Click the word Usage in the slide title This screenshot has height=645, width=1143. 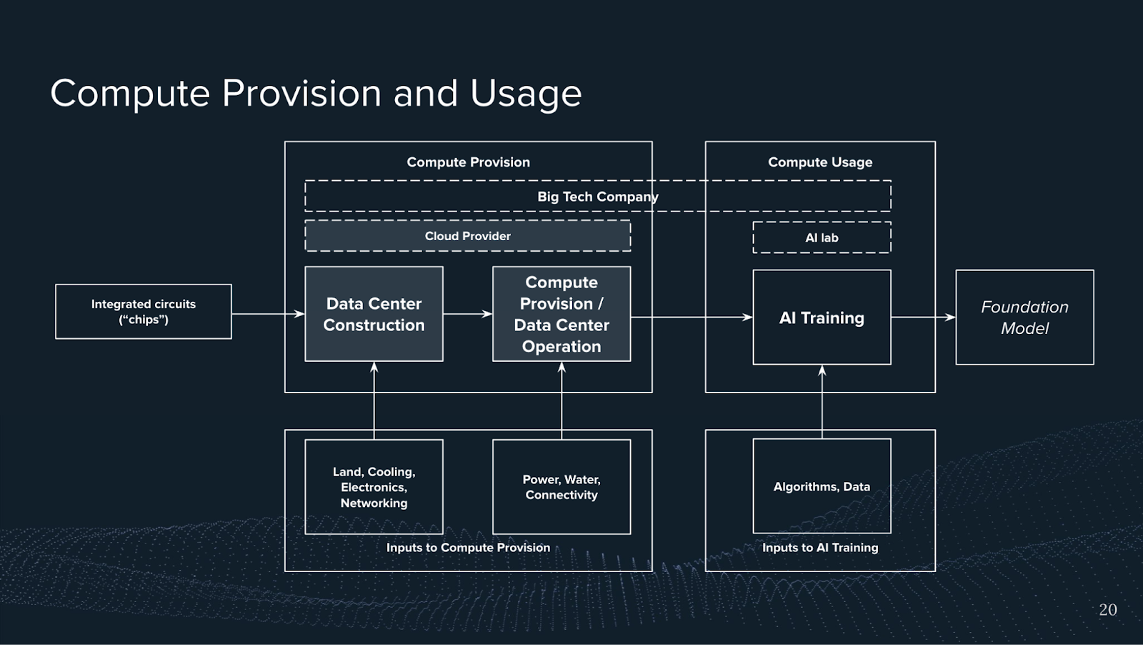[526, 94]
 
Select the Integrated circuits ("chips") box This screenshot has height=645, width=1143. [144, 312]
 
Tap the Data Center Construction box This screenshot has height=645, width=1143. [374, 314]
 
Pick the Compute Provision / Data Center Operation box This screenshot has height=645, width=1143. [561, 314]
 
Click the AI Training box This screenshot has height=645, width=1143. [822, 317]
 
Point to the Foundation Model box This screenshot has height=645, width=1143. [1024, 317]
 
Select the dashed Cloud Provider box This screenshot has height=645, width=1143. [468, 236]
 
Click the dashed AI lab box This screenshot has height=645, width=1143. [822, 237]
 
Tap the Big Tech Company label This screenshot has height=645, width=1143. [597, 197]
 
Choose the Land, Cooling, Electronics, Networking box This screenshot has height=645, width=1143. [374, 487]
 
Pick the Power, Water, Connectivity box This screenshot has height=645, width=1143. [561, 487]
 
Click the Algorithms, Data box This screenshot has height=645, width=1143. [822, 486]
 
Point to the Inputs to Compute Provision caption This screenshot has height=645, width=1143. [468, 548]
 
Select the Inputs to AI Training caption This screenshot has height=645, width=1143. [820, 548]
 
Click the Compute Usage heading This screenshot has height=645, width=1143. [820, 162]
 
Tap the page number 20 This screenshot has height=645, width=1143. [1107, 610]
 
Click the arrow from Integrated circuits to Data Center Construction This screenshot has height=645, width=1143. [268, 314]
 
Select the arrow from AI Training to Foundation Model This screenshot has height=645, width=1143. [923, 317]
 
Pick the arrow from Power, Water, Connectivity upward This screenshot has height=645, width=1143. [561, 400]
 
